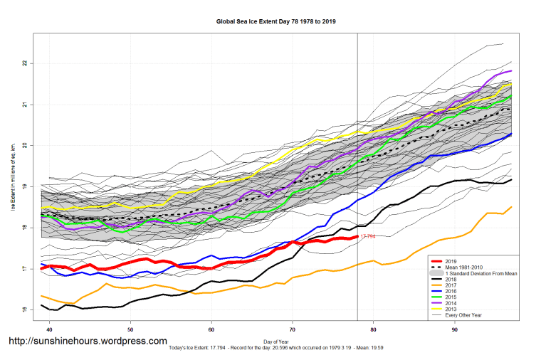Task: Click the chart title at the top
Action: (276, 21)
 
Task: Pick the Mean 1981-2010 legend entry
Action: (467, 268)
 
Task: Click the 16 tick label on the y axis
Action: (23, 309)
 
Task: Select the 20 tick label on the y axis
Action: (23, 146)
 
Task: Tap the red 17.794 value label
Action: (368, 236)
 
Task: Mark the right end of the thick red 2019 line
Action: (357, 237)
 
